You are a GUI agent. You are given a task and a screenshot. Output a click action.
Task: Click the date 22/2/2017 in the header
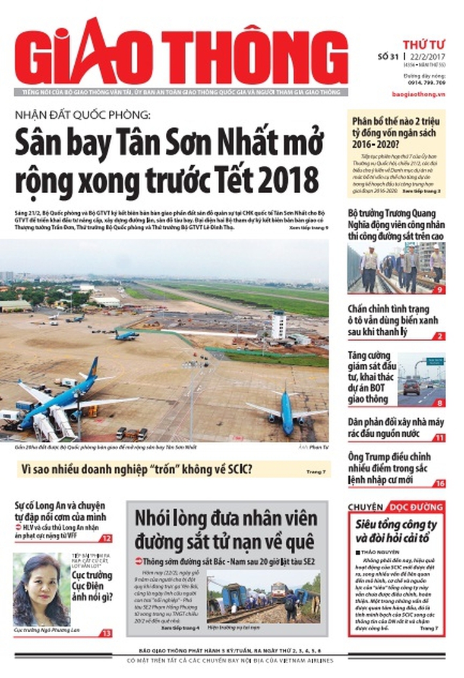tap(427, 58)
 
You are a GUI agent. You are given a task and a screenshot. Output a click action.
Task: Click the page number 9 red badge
tap(439, 289)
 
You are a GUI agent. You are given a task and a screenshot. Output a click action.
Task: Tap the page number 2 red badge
tap(439, 336)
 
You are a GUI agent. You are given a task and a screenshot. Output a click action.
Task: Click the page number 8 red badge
tap(439, 403)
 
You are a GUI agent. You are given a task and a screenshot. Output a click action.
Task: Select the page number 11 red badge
tap(439, 437)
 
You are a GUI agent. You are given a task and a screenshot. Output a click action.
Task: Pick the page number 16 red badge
tap(439, 484)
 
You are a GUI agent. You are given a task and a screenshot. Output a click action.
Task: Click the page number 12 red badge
tap(106, 538)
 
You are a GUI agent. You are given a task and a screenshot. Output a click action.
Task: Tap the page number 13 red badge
tap(106, 633)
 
